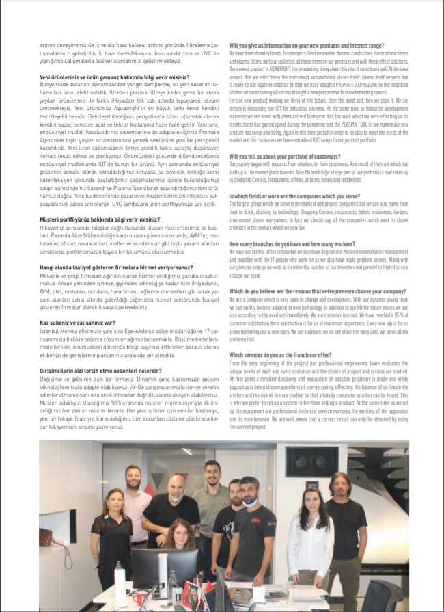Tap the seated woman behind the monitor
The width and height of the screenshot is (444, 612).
tap(178, 542)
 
